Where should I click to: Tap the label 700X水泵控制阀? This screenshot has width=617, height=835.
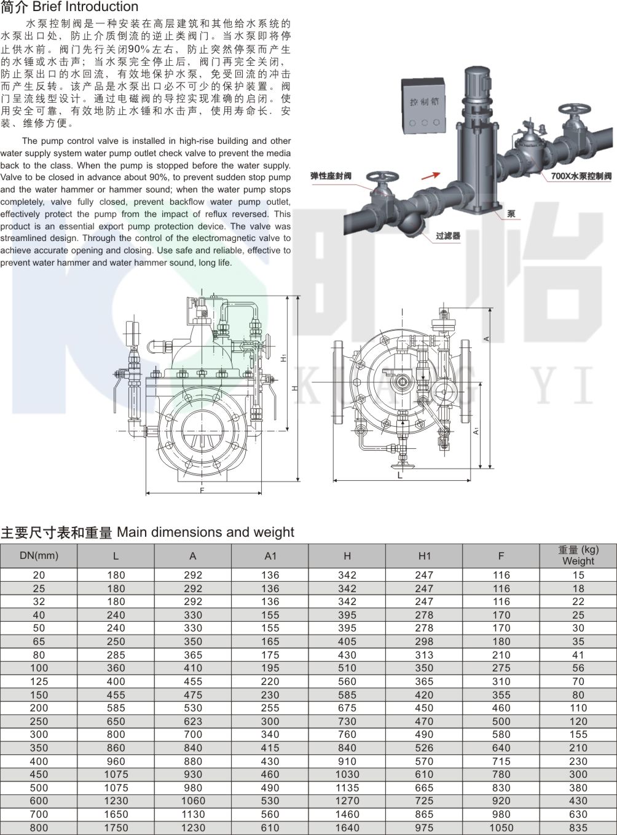[x=581, y=176]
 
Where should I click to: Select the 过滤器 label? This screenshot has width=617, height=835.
[x=448, y=236]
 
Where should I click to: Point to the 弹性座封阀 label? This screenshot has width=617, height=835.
[x=331, y=176]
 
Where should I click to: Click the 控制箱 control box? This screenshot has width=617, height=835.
[x=423, y=106]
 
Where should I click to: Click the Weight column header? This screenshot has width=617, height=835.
[x=578, y=556]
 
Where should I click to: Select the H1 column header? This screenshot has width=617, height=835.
[x=425, y=556]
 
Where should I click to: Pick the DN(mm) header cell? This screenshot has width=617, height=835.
[x=39, y=556]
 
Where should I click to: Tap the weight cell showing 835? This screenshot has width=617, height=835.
[x=578, y=828]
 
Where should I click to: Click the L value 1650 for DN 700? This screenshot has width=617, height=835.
[x=116, y=815]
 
